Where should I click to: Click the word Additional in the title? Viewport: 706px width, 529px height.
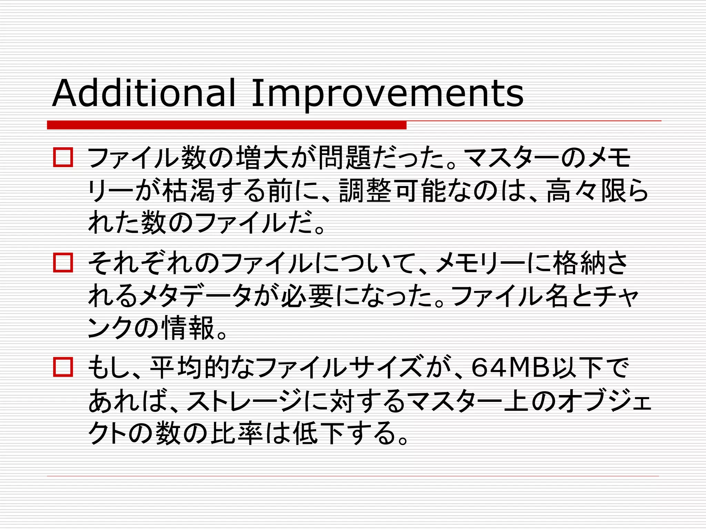click(143, 93)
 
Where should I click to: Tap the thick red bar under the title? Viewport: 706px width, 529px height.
click(226, 125)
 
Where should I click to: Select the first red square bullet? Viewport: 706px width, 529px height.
click(63, 157)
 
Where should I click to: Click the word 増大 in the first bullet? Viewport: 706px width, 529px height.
click(262, 158)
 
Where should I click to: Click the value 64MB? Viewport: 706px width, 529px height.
click(510, 367)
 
